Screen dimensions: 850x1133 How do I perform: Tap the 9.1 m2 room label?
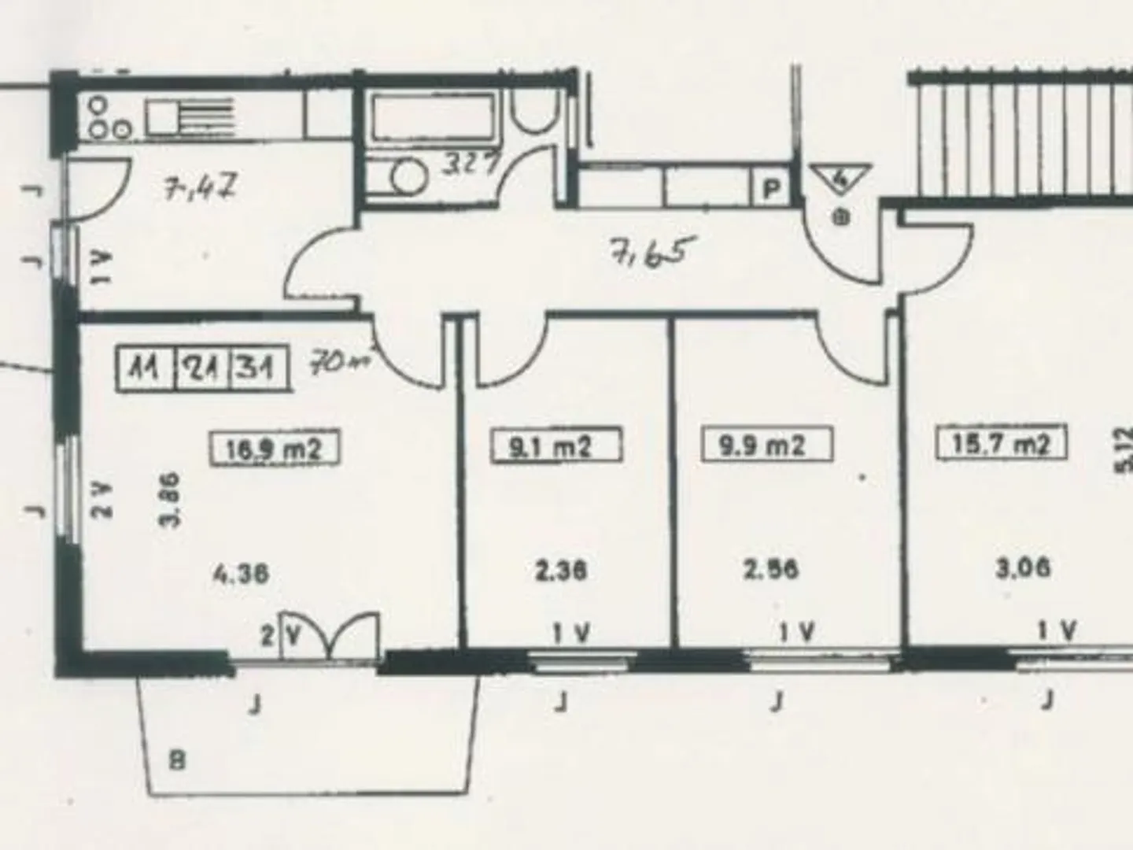pyautogui.click(x=555, y=445)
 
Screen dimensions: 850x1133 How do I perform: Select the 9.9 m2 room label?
pyautogui.click(x=766, y=445)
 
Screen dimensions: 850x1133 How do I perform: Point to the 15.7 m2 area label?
pyautogui.click(x=1001, y=443)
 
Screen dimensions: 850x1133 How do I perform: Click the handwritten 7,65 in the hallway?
pyautogui.click(x=651, y=254)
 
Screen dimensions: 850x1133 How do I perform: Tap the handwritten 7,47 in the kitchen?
pyautogui.click(x=200, y=189)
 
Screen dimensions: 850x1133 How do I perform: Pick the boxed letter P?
pyautogui.click(x=772, y=190)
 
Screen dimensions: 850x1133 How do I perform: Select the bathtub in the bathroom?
pyautogui.click(x=434, y=117)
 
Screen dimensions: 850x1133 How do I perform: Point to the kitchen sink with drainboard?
pyautogui.click(x=189, y=116)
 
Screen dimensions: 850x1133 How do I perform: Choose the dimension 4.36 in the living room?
pyautogui.click(x=241, y=573)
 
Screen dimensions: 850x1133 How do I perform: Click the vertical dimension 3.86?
pyautogui.click(x=173, y=498)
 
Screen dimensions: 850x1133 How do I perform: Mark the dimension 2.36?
pyautogui.click(x=560, y=570)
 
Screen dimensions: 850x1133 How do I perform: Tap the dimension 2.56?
pyautogui.click(x=771, y=568)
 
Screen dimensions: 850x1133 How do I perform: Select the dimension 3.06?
pyautogui.click(x=1023, y=567)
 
